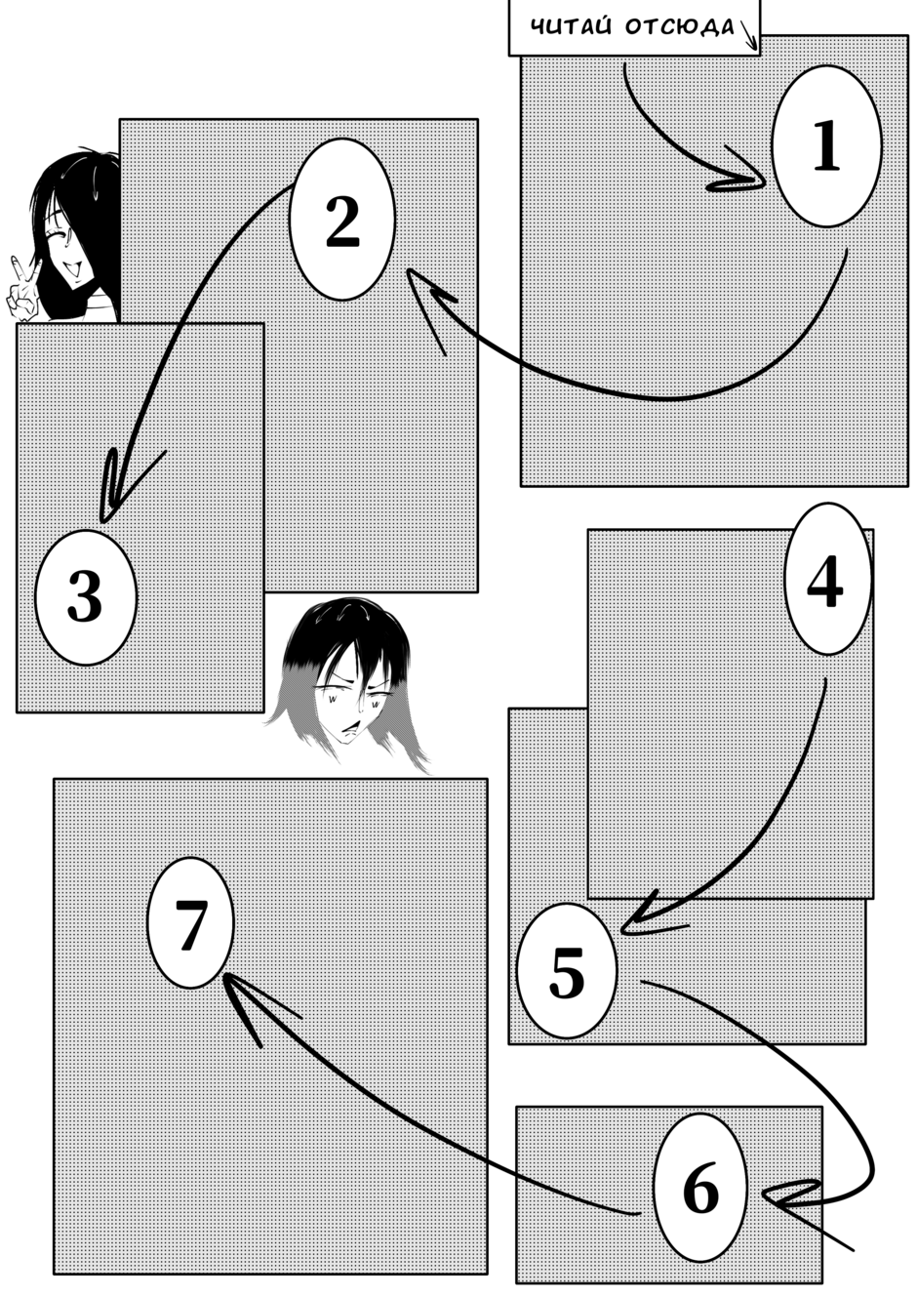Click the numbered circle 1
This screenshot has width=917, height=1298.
click(x=826, y=146)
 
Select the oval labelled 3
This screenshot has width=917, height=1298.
click(x=86, y=597)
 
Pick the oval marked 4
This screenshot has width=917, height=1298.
click(x=826, y=579)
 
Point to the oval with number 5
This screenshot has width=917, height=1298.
click(x=567, y=971)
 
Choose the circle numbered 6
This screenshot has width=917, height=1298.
click(x=699, y=1189)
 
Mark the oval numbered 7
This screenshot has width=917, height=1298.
click(x=190, y=922)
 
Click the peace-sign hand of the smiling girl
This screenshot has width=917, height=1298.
click(x=20, y=290)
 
